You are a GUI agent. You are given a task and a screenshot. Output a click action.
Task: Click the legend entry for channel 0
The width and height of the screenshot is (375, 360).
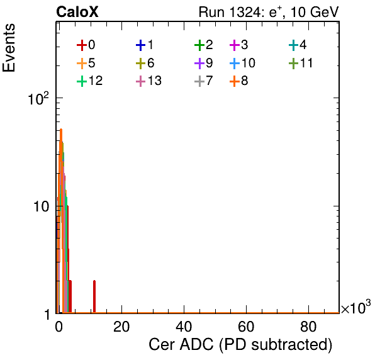click(x=86, y=45)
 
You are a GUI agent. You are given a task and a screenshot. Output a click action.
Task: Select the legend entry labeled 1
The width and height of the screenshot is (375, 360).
click(x=145, y=45)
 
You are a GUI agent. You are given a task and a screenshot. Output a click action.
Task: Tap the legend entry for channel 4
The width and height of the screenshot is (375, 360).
click(x=298, y=45)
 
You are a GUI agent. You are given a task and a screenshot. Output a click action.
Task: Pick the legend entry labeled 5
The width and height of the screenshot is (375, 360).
click(x=86, y=63)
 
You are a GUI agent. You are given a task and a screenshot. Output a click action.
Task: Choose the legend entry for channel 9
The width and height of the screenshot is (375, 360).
click(x=203, y=63)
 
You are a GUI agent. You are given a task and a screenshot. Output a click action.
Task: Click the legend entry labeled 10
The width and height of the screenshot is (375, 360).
click(x=242, y=63)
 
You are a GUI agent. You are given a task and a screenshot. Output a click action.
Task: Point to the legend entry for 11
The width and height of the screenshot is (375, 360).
click(x=301, y=63)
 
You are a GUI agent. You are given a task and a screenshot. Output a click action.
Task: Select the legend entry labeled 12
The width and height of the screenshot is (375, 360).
click(x=90, y=81)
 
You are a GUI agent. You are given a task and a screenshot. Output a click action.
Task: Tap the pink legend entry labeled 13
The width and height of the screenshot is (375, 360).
click(x=148, y=81)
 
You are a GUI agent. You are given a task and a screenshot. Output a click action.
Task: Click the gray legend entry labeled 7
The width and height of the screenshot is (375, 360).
click(x=203, y=81)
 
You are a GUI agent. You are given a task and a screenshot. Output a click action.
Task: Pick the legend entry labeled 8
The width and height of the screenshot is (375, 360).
click(x=238, y=81)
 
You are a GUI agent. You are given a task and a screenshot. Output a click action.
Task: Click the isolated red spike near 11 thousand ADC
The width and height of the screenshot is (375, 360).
click(x=94, y=296)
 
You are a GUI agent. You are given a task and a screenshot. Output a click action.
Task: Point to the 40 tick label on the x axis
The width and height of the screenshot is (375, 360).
click(x=184, y=327)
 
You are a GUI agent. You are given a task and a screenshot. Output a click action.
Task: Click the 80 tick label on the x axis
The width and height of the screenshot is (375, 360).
click(x=308, y=327)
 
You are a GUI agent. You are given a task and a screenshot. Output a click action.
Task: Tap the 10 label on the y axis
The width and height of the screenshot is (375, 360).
click(x=41, y=206)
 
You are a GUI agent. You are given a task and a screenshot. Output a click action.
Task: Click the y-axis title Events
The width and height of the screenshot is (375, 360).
click(x=9, y=48)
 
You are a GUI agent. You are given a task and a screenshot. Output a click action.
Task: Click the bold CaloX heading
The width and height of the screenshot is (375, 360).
click(x=77, y=12)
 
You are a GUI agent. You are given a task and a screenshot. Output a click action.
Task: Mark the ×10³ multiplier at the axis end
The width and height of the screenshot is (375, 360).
click(x=356, y=307)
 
